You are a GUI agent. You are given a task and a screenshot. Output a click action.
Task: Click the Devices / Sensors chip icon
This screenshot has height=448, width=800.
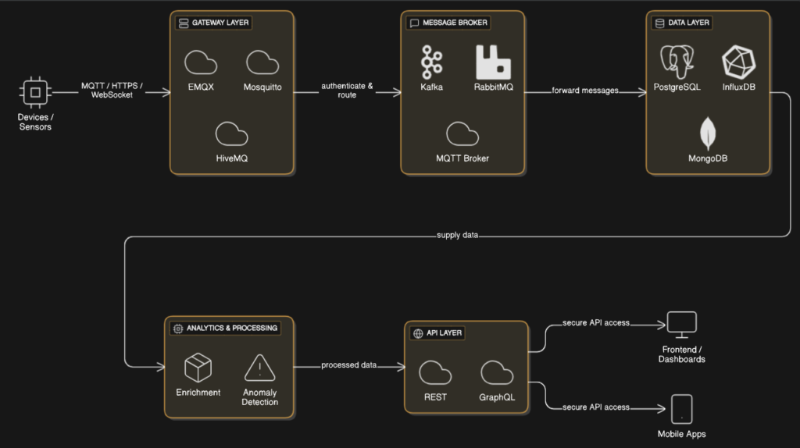[35, 93]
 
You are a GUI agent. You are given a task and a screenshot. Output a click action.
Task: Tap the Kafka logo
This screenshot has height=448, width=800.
[431, 62]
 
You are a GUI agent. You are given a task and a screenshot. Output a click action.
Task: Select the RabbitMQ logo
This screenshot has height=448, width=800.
[493, 62]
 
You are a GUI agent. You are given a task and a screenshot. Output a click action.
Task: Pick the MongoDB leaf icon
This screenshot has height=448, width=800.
[708, 133]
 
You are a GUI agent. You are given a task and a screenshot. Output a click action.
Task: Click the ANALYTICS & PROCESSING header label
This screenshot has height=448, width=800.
[225, 328]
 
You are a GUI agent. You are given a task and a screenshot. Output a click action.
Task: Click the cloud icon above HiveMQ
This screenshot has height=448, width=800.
[231, 134]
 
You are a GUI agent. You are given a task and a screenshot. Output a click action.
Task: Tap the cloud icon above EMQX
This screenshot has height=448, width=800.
[201, 62]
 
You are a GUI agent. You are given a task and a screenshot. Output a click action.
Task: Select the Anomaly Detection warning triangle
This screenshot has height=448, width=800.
[259, 368]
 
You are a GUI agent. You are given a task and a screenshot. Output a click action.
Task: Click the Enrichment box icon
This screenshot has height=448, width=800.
[198, 368]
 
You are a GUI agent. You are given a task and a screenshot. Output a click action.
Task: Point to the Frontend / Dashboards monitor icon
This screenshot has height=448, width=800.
[681, 323]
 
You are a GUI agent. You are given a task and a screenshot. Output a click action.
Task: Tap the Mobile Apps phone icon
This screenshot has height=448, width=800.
[681, 409]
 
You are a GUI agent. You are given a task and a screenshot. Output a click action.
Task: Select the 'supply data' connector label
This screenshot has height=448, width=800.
[458, 235]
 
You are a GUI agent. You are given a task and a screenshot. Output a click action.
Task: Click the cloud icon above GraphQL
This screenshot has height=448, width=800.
[497, 373]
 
